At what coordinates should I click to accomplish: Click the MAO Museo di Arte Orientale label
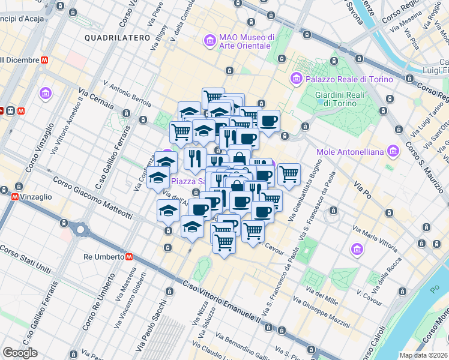[x=246, y=41]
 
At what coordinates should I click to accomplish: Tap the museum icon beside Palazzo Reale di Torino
[x=296, y=79]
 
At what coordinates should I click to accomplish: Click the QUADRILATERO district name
[x=117, y=38]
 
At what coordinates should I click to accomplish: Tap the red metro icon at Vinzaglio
[x=14, y=196]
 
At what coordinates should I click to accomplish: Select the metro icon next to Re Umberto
[x=130, y=256]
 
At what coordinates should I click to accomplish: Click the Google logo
[x=20, y=352]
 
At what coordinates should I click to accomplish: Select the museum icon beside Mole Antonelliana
[x=393, y=150]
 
